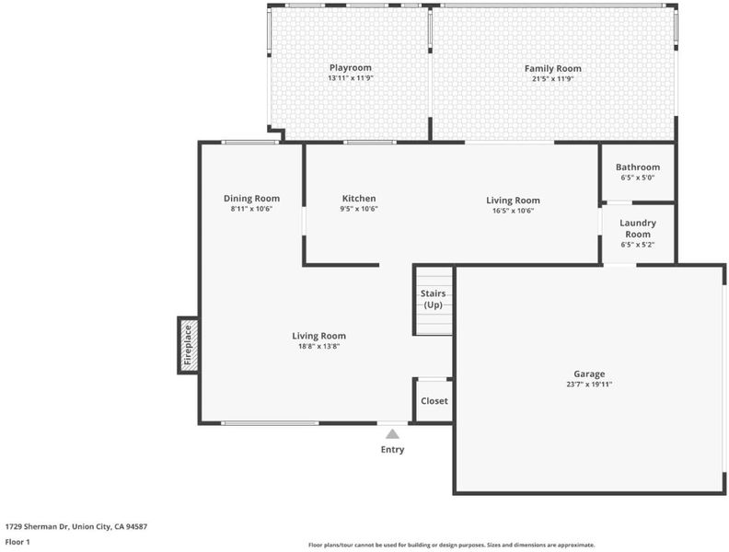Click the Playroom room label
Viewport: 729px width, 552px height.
pyautogui.click(x=351, y=68)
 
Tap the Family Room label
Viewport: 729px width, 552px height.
pyautogui.click(x=553, y=68)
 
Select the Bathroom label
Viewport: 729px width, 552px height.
pyautogui.click(x=637, y=167)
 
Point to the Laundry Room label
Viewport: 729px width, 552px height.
pyautogui.click(x=637, y=228)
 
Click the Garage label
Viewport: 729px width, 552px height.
pyautogui.click(x=589, y=374)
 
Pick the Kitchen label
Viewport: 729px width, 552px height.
pyautogui.click(x=359, y=199)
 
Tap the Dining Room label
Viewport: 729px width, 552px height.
pyautogui.click(x=251, y=199)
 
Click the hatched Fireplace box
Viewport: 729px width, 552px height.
pyautogui.click(x=188, y=345)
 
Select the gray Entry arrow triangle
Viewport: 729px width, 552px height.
pyautogui.click(x=392, y=434)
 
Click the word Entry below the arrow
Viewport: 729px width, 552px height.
pyautogui.click(x=392, y=450)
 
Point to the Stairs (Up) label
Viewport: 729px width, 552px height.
pyautogui.click(x=433, y=299)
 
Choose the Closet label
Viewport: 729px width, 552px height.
pyautogui.click(x=434, y=401)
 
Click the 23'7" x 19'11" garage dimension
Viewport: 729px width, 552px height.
pyautogui.click(x=589, y=385)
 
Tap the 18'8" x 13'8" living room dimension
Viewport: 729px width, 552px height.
pyautogui.click(x=318, y=346)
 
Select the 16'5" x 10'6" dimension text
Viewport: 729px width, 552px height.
pyautogui.click(x=514, y=211)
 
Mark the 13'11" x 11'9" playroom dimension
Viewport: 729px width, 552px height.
pyautogui.click(x=351, y=78)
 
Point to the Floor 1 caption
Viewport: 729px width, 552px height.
pyautogui.click(x=17, y=542)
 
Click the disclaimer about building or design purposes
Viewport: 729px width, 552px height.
pyautogui.click(x=451, y=545)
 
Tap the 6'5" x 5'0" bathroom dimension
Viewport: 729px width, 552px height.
pyautogui.click(x=637, y=178)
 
